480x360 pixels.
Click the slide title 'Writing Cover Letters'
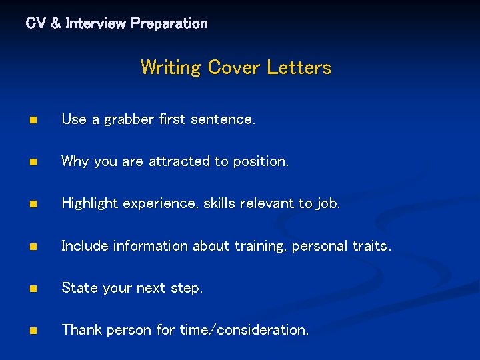(x=235, y=67)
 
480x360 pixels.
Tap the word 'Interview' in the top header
(x=95, y=23)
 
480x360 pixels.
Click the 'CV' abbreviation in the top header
(x=36, y=23)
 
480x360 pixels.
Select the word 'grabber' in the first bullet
(x=130, y=119)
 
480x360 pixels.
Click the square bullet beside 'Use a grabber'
(x=32, y=121)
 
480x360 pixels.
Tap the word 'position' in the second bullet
(x=260, y=162)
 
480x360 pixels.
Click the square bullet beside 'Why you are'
(x=32, y=163)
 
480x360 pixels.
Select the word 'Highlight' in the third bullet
(x=88, y=204)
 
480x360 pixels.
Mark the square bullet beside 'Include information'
(x=32, y=247)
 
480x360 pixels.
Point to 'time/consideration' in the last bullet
(x=244, y=330)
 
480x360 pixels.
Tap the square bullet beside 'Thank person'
(x=32, y=331)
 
